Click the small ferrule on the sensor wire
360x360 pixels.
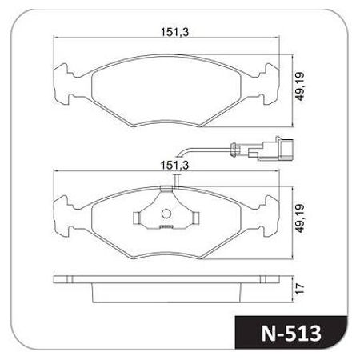tap(233, 147)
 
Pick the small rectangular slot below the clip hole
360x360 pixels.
tap(167, 226)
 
